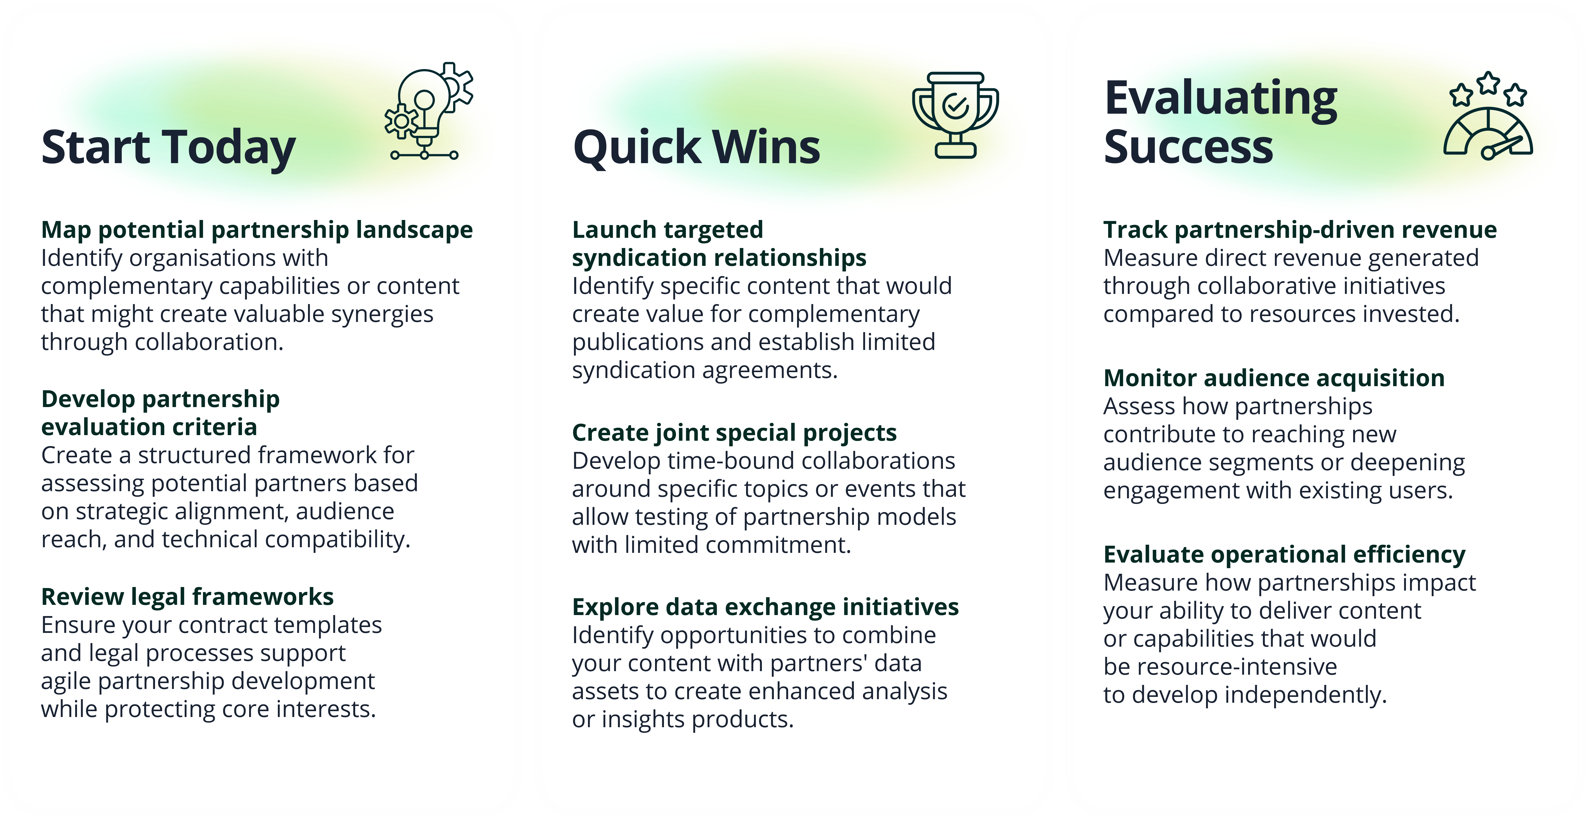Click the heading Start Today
point(168,148)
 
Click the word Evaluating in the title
point(1221,99)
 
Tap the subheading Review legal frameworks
point(187,597)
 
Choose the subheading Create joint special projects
point(734,433)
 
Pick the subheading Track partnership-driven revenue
point(1300,230)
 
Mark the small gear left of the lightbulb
point(401,121)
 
